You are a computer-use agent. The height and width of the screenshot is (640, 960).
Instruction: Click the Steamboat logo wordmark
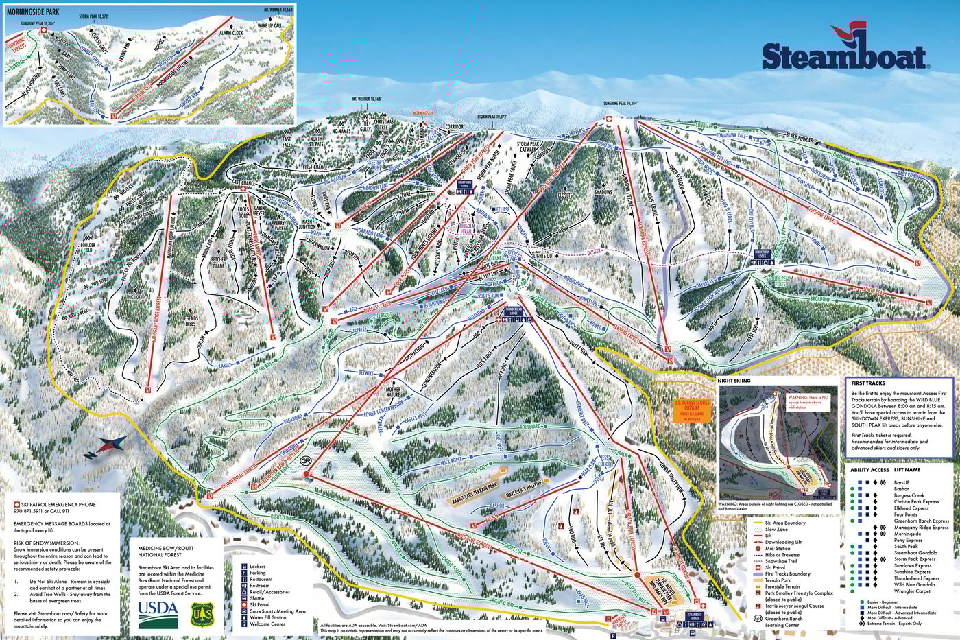[x=844, y=56]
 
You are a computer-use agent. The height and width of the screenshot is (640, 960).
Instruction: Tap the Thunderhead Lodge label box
[x=518, y=311]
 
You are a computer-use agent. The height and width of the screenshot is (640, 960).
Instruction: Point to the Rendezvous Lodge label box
[x=765, y=252]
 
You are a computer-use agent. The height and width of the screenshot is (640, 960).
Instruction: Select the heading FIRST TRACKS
[x=868, y=383]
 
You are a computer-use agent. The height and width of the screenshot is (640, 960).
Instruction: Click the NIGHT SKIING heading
[x=734, y=380]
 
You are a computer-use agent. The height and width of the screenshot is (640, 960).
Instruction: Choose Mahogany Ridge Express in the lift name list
[x=921, y=528]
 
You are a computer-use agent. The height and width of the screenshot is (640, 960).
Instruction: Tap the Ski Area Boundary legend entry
[x=785, y=523]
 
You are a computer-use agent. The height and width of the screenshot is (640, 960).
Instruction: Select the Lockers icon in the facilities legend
[x=243, y=566]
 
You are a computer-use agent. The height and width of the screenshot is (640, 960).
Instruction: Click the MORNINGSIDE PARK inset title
[x=33, y=12]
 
